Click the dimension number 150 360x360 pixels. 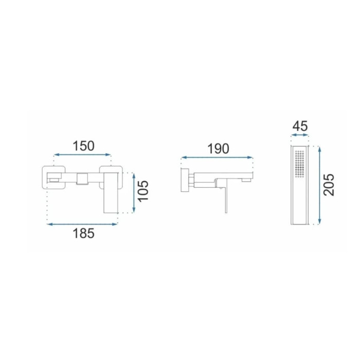(x=83, y=146)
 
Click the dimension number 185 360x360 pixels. (x=83, y=233)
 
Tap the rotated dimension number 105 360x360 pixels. (x=143, y=191)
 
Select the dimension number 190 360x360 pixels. (x=219, y=149)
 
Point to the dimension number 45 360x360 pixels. (x=300, y=126)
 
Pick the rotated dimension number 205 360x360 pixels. (x=329, y=185)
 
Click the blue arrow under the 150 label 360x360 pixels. (x=82, y=155)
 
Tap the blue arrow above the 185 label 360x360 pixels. (x=82, y=224)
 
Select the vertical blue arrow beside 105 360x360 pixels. (x=134, y=193)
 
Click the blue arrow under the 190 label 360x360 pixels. (x=217, y=157)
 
